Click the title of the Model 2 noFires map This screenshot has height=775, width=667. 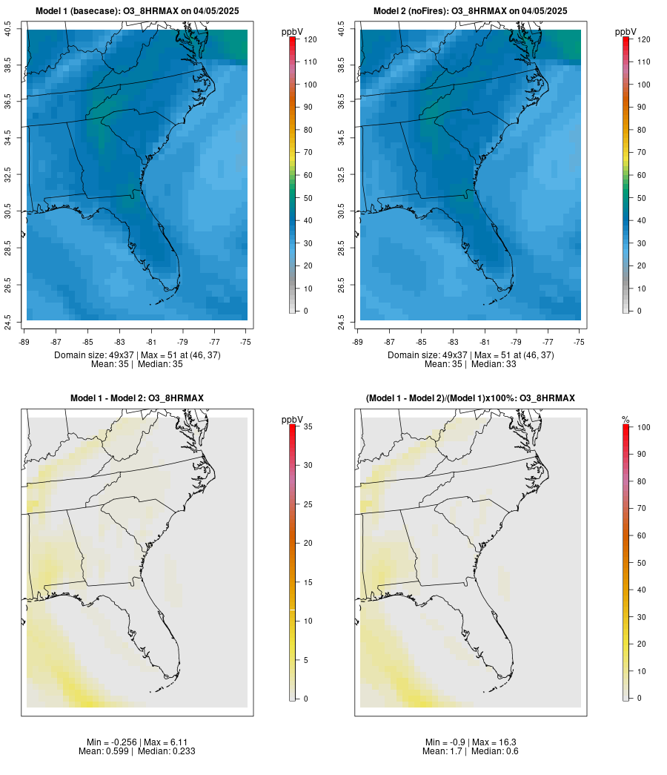tap(471, 11)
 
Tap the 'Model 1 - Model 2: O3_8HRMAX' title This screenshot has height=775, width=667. tap(137, 398)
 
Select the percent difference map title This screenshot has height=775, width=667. tap(471, 398)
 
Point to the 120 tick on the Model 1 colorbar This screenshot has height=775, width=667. tap(309, 39)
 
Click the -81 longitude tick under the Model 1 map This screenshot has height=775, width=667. tap(151, 342)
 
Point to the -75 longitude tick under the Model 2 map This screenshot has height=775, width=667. tap(580, 342)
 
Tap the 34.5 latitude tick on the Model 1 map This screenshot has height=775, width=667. tap(8, 138)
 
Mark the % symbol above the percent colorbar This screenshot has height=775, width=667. tap(625, 420)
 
